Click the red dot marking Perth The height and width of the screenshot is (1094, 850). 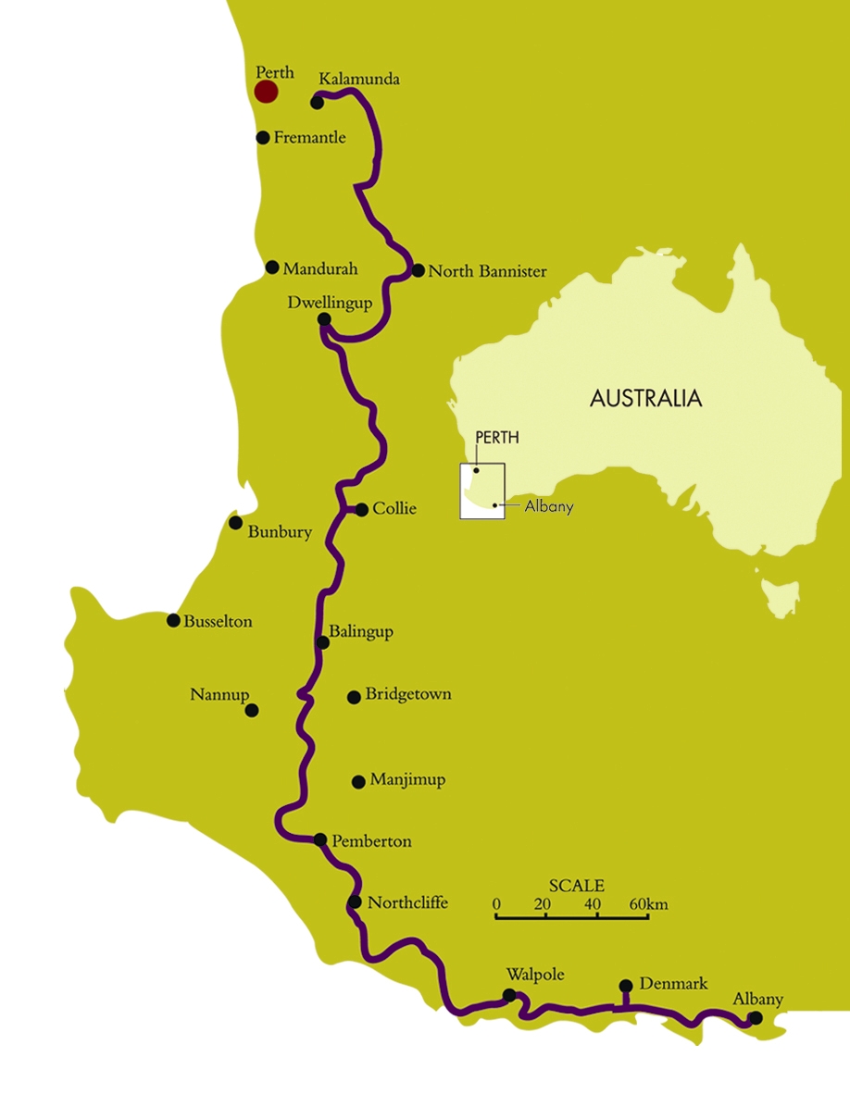[266, 92]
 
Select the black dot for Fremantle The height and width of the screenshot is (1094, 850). [263, 137]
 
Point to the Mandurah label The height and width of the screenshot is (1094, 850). [320, 269]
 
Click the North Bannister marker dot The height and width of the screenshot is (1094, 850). [419, 271]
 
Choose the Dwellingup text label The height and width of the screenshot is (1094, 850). [330, 303]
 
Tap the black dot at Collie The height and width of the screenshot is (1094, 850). [362, 509]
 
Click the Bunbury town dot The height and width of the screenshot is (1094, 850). [236, 523]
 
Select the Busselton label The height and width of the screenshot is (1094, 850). [218, 622]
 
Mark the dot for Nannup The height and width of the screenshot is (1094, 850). [252, 711]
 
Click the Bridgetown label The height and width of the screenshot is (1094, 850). [408, 694]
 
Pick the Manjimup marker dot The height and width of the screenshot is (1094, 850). [359, 782]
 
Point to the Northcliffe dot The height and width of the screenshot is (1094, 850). [355, 902]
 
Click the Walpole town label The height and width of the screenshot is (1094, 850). [535, 975]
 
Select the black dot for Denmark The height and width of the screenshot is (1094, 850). [626, 986]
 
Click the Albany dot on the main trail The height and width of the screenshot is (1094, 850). [756, 1018]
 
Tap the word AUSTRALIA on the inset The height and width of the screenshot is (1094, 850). [646, 399]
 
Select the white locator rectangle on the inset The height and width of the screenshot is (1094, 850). [483, 491]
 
